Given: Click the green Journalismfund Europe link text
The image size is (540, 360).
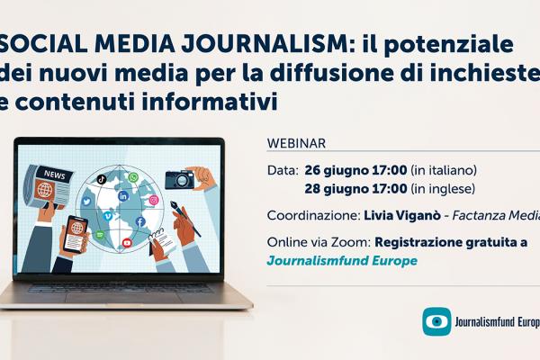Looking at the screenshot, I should point(343,261).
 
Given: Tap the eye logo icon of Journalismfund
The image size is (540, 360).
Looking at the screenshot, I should point(437,322).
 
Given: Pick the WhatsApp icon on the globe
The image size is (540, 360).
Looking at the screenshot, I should point(133,178).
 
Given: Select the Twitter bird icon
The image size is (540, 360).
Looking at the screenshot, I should point(86,201).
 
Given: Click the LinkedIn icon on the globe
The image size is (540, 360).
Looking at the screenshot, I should point(123,196).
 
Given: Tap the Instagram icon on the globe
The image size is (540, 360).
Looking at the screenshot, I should point(154,200).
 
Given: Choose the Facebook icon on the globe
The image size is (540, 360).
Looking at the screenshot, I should point(140,221).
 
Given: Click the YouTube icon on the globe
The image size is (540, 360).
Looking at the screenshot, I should point(127,242).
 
